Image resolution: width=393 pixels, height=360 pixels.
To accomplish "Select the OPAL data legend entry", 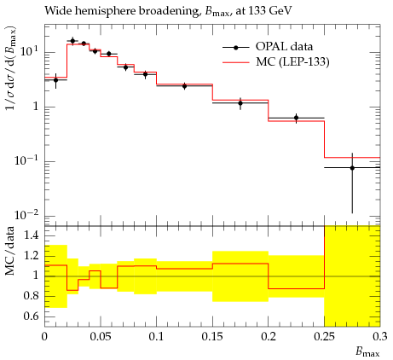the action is point(268,47).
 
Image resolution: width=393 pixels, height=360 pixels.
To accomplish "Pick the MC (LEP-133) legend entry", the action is point(276,61).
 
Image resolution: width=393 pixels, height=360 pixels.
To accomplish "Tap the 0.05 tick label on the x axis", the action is point(101,337).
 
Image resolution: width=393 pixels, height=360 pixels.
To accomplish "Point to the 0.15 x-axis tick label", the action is point(212,337).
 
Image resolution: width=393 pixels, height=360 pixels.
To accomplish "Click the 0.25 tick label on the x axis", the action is point(325,337).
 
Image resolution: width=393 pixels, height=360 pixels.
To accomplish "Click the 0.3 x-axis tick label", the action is point(379,337).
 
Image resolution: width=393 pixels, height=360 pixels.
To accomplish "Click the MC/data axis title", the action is point(9,251).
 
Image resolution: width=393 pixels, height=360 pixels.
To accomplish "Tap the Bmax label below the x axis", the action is point(367,352).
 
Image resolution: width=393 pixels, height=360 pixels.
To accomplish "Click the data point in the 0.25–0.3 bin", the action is point(352,168).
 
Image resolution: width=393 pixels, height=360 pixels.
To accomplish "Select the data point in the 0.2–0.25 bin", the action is point(297,118).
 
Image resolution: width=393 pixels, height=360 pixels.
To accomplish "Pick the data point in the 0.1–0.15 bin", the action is point(184,86).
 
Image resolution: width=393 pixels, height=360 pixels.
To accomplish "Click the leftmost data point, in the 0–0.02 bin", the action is point(55,80).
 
